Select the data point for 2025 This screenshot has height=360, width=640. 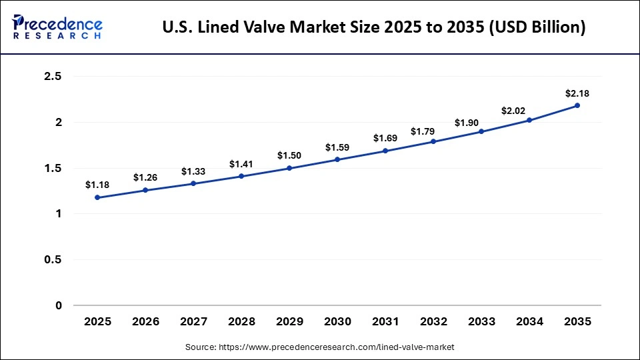tap(97, 197)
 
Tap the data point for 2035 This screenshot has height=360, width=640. tap(577, 105)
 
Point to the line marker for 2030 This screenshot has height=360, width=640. tap(337, 159)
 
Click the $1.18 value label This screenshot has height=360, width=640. tap(97, 185)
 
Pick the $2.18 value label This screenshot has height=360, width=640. tap(577, 93)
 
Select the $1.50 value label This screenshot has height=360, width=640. tap(289, 155)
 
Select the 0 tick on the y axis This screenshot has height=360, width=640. tap(58, 305)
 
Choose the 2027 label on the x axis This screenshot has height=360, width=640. tap(193, 321)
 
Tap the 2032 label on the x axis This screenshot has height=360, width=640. tap(433, 321)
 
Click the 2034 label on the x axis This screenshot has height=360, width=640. tap(529, 321)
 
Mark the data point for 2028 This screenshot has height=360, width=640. tap(241, 176)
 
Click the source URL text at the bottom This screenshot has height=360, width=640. tap(320, 347)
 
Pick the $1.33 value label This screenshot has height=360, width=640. tap(193, 171)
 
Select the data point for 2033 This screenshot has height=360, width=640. tap(481, 131)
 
